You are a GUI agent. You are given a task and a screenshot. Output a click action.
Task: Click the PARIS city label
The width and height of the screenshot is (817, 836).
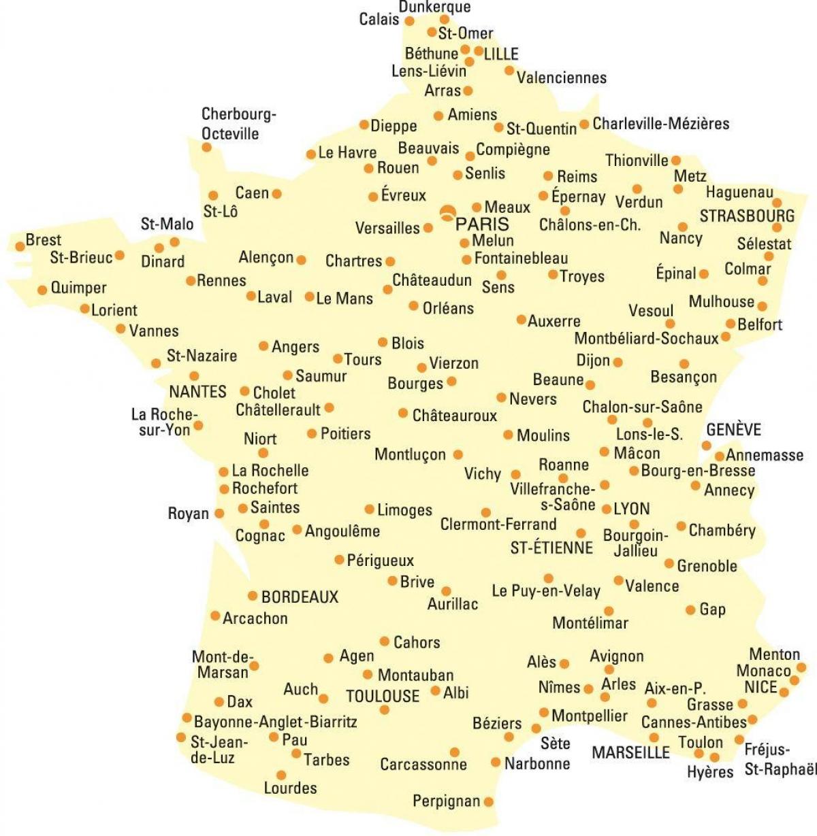click(x=482, y=224)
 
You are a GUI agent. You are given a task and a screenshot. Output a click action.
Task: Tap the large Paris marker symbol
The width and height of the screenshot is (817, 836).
click(x=447, y=213)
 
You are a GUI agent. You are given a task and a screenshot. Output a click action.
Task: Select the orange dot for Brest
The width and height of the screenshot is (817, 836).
click(x=20, y=246)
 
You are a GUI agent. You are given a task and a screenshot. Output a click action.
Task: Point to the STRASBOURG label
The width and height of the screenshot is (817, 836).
click(x=747, y=216)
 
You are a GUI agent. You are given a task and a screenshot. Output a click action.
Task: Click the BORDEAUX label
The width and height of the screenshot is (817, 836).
click(x=300, y=597)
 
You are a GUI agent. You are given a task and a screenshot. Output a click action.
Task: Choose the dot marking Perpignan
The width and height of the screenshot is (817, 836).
click(x=488, y=802)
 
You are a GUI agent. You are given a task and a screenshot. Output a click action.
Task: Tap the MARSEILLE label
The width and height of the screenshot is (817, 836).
click(x=630, y=753)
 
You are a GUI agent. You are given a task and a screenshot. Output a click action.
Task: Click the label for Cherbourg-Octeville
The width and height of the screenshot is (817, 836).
click(x=238, y=124)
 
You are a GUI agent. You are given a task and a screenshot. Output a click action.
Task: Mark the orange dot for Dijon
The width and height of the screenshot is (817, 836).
click(x=618, y=363)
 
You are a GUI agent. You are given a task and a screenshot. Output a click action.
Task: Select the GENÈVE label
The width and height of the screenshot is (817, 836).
click(x=733, y=430)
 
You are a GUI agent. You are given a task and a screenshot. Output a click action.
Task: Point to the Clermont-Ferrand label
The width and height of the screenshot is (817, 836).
click(x=498, y=524)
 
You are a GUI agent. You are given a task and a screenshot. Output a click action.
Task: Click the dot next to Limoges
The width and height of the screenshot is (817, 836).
click(x=369, y=509)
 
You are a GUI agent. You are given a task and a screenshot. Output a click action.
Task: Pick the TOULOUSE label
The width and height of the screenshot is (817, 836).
click(x=383, y=696)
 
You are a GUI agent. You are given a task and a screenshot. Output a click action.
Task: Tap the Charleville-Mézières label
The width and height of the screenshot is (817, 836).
click(x=660, y=124)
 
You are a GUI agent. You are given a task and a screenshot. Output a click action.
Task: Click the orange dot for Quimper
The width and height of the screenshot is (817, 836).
click(x=42, y=289)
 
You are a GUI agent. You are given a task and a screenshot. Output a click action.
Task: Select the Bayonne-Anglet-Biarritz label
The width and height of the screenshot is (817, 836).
click(x=275, y=722)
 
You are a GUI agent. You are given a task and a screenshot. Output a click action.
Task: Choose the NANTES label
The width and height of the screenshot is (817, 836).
click(x=197, y=392)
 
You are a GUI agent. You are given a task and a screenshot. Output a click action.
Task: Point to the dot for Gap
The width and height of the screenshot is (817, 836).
click(x=690, y=609)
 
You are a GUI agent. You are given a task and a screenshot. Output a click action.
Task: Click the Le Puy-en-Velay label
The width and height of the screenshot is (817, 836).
click(x=546, y=591)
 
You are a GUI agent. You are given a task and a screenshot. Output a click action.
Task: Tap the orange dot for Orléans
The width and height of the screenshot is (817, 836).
click(x=413, y=306)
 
